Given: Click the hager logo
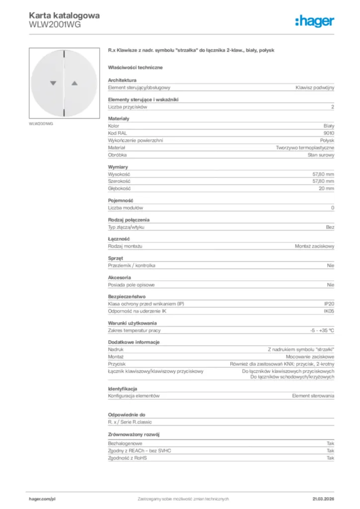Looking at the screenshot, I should tap(315, 21).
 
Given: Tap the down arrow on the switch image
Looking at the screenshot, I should tap(53, 84).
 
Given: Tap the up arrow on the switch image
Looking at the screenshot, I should tap(75, 84).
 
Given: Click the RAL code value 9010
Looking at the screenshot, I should tap(329, 133).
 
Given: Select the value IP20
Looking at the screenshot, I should tap(329, 304).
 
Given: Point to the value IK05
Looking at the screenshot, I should tap(329, 311).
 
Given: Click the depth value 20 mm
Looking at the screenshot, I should tap(327, 189).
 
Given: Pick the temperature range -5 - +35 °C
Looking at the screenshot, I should tap(322, 330).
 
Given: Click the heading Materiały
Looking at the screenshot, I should tap(118, 118).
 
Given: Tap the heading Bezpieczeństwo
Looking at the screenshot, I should tap(127, 296).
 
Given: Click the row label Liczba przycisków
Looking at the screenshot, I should tap(128, 107).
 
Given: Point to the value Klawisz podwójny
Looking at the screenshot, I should tap(315, 87).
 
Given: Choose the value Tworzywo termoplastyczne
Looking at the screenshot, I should tap(305, 148).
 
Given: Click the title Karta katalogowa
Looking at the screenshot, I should tap(65, 15).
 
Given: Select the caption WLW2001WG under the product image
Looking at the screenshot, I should tap(41, 124).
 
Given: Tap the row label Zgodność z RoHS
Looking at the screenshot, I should tap(127, 458).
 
